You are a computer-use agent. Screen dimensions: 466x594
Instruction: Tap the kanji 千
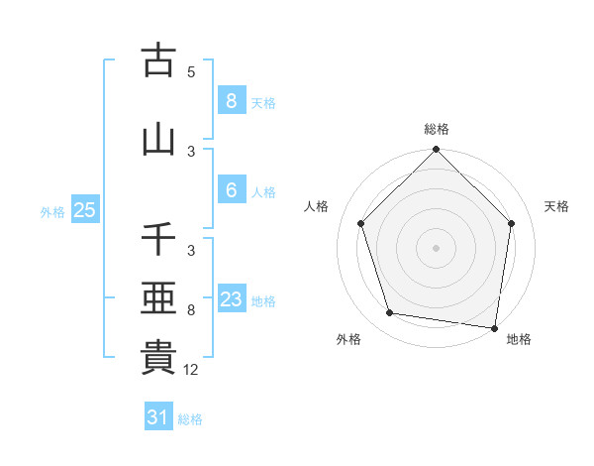tap(158, 240)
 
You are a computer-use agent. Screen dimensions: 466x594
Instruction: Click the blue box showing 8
tap(231, 101)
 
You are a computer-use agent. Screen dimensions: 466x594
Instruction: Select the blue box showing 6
tap(231, 191)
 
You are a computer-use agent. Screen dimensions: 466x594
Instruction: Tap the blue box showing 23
tap(231, 300)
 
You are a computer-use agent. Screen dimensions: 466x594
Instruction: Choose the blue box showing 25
tap(84, 209)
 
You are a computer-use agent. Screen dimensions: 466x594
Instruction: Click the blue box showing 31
tap(157, 417)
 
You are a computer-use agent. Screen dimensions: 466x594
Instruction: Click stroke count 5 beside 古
tap(191, 72)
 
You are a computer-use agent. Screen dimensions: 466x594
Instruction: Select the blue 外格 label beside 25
tap(52, 211)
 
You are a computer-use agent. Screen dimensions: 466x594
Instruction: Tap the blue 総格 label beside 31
tap(190, 419)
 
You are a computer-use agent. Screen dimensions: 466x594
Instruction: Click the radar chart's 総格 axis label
tap(437, 129)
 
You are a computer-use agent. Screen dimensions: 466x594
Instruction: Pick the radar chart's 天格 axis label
tap(557, 206)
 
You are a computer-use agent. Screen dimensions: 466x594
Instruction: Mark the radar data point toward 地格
tap(495, 327)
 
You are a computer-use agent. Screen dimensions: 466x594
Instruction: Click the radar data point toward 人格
tap(360, 223)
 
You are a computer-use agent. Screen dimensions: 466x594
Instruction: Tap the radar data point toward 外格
tap(390, 313)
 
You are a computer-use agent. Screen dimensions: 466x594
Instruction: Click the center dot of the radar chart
tap(437, 248)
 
